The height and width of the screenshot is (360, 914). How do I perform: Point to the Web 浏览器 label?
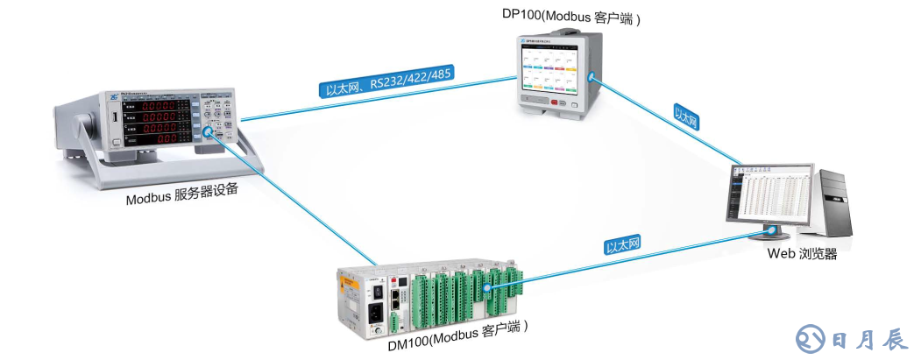tap(802, 254)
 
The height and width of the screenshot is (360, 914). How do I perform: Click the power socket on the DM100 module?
tap(375, 312)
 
